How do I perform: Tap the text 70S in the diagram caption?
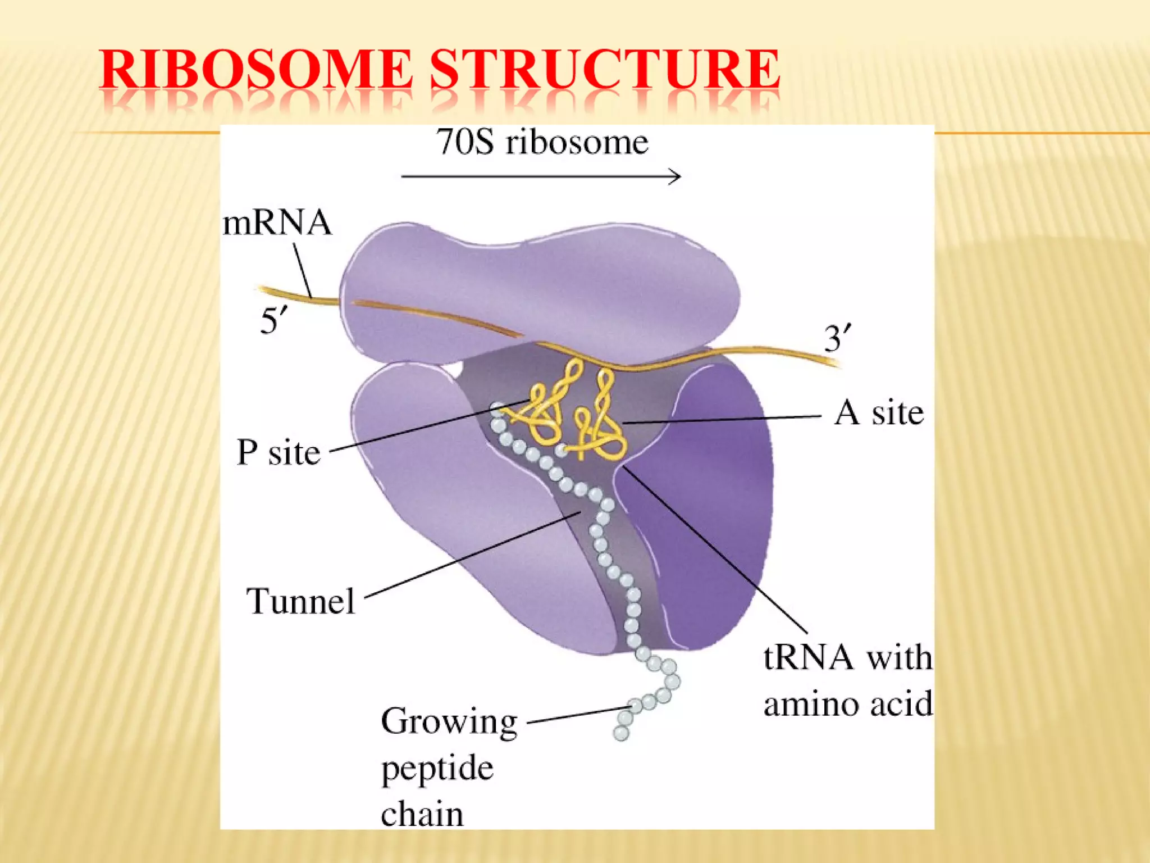point(466,142)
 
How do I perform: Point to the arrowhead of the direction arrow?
point(677,177)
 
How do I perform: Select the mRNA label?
point(277,223)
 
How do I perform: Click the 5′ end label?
point(273,322)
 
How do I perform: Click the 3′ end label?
point(837,339)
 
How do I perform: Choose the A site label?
point(879,414)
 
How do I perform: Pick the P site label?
point(279,452)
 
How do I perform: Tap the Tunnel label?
point(301,602)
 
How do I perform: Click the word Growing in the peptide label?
point(449,722)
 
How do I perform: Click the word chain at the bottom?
point(422,814)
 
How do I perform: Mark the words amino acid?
point(848,704)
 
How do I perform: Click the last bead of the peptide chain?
point(621,733)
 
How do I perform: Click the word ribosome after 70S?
point(577,142)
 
